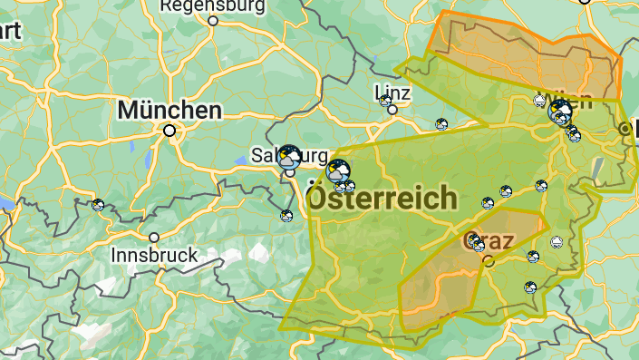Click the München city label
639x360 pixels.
(169, 111)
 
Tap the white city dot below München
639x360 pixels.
(169, 131)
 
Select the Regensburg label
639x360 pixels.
(213, 6)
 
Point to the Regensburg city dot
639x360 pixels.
(214, 21)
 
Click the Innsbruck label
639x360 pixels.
(154, 256)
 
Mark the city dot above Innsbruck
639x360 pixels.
(154, 238)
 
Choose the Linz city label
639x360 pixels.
(392, 92)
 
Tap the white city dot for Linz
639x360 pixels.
(392, 110)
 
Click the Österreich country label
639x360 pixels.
(382, 198)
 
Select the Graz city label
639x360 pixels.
(489, 241)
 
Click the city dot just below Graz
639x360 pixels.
(489, 261)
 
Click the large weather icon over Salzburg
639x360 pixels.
(289, 156)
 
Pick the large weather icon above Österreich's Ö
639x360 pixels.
(338, 170)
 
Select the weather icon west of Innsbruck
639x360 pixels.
(98, 205)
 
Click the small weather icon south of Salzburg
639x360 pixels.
(286, 215)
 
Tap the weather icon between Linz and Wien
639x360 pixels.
(441, 124)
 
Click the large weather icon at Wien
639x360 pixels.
(559, 112)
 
